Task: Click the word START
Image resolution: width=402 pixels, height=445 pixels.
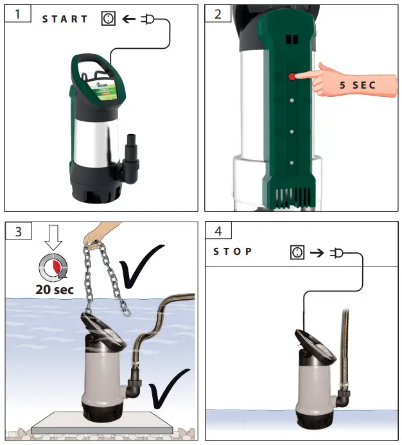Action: [65, 19]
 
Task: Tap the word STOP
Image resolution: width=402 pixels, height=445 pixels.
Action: [232, 252]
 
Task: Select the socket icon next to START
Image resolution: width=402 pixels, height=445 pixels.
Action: [108, 19]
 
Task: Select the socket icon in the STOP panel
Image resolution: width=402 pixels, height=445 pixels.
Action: [297, 253]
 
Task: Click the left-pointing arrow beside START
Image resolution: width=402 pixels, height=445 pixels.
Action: [128, 19]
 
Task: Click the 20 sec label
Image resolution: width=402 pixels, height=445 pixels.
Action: [55, 290]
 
